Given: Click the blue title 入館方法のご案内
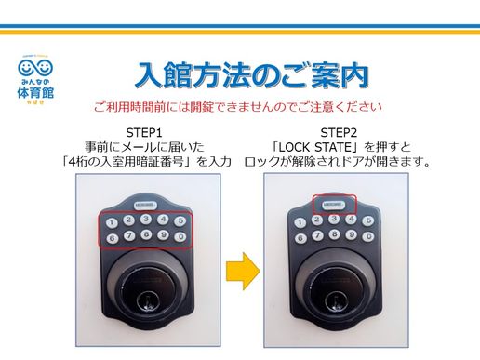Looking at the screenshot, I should coord(251,74).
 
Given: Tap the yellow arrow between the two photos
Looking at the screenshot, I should coord(243,272).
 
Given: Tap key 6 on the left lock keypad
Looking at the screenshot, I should coord(112,238).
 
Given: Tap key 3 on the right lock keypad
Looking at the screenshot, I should coord(335,220).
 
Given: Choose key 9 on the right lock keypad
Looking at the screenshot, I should coord(352,236).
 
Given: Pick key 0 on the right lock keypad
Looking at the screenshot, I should coord(369,236).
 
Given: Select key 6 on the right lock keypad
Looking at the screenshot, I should coord(300,237).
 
